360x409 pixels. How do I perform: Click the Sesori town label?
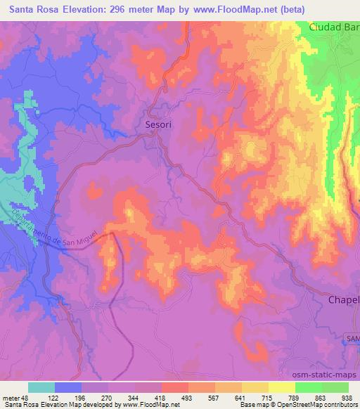point(157,124)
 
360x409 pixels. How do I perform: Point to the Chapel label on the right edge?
point(344,300)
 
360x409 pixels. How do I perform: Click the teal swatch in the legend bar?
point(41,387)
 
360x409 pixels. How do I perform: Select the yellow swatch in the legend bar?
point(254,387)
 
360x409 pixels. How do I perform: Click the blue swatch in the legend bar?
point(68,387)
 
